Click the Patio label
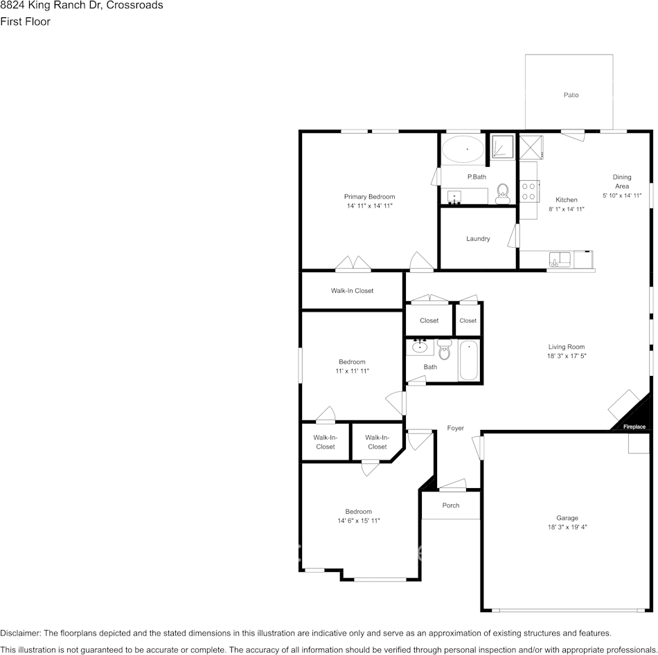pos(570,95)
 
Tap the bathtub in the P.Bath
pos(463,148)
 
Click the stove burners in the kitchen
pos(530,190)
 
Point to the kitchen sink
pos(560,260)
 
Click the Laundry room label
pos(478,239)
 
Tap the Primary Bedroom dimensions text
pos(370,206)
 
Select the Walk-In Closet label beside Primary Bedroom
pos(352,291)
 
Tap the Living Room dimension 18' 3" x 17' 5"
pos(567,357)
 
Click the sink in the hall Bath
pos(419,347)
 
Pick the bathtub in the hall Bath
pos(469,361)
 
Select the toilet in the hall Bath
pos(444,349)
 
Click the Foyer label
pos(455,429)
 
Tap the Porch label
pos(451,505)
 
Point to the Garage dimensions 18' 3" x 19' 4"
pos(567,528)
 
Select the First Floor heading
pos(25,21)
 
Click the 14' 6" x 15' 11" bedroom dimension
pos(359,521)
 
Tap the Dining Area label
pos(622,181)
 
